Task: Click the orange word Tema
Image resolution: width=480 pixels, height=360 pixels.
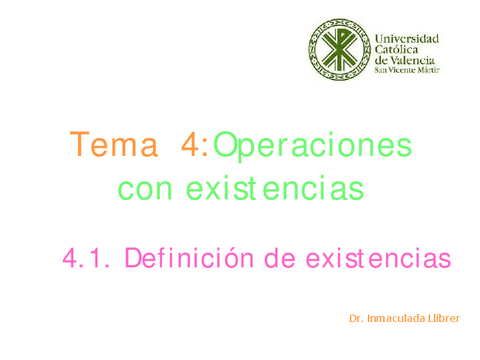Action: (x=114, y=146)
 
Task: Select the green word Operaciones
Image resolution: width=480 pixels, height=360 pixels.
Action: (x=312, y=146)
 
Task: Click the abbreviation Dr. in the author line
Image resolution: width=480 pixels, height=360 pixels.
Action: (x=356, y=319)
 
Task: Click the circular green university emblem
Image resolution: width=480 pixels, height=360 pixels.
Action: (x=338, y=49)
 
